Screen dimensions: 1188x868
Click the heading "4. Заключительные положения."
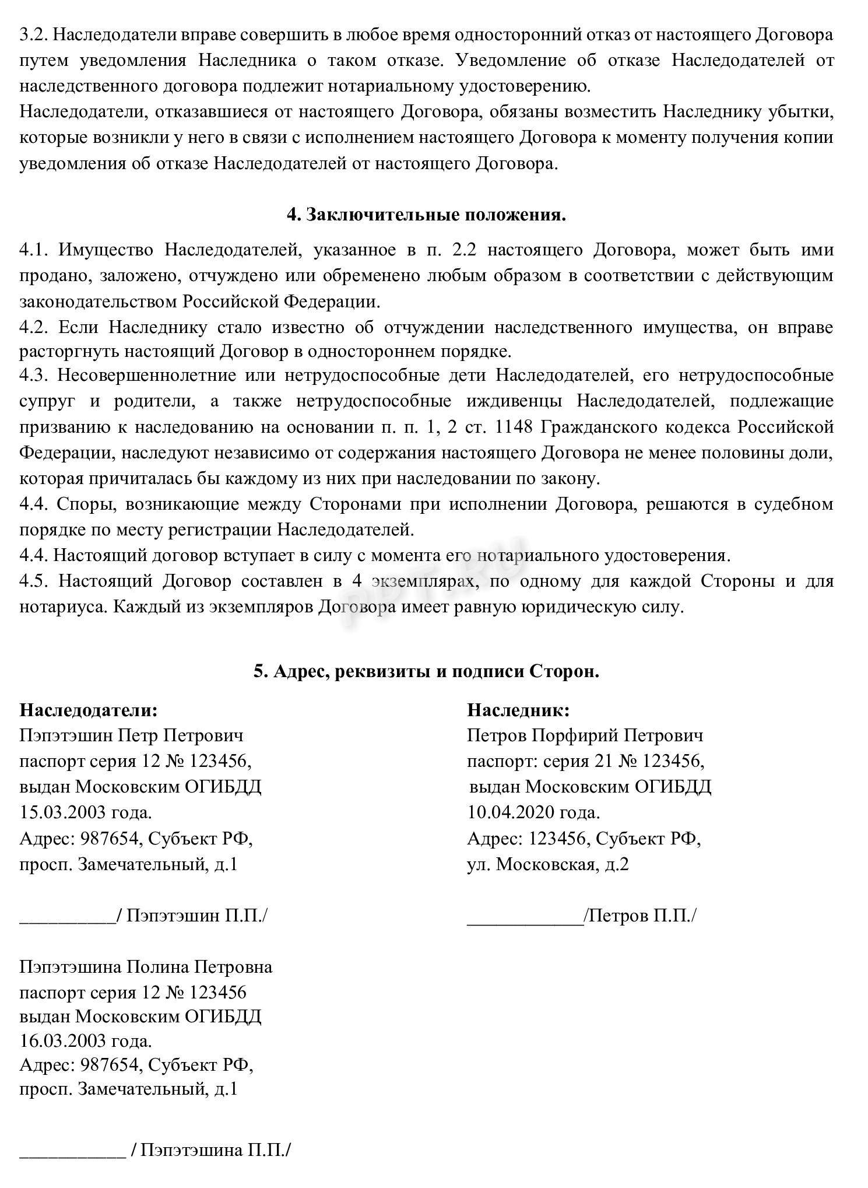point(426,215)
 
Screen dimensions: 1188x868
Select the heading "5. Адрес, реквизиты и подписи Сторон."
point(426,671)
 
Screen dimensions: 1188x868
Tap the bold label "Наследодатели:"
point(89,710)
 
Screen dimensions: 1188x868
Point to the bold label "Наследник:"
point(518,710)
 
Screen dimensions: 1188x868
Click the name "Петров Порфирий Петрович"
point(585,735)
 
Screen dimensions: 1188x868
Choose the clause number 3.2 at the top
point(33,34)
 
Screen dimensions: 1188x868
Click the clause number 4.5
point(33,581)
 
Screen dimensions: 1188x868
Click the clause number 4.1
point(33,250)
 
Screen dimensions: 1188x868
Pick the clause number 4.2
point(33,327)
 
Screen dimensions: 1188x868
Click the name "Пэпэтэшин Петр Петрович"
point(131,735)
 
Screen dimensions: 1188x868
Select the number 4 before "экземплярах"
point(356,581)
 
